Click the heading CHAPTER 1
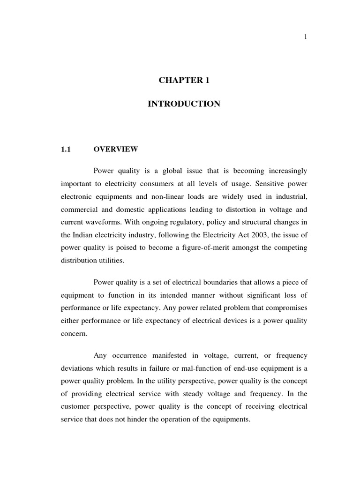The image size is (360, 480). (x=184, y=80)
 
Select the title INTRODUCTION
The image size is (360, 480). (x=184, y=104)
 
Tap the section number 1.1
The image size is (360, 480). (x=65, y=149)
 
